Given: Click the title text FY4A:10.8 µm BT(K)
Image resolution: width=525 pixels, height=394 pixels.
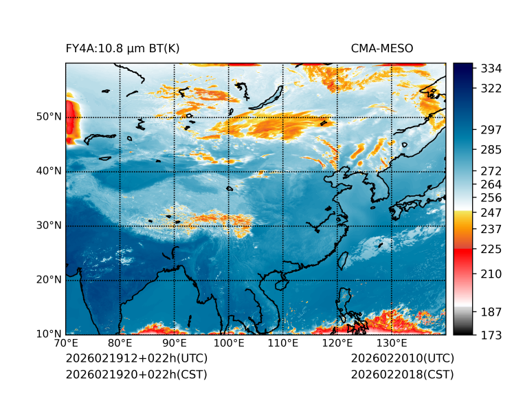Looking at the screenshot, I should [123, 49].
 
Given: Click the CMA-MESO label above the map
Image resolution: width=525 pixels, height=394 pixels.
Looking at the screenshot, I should [382, 49].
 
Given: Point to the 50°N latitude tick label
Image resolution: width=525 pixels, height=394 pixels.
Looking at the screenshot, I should [49, 117].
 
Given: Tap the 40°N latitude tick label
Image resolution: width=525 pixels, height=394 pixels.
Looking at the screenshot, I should [49, 171].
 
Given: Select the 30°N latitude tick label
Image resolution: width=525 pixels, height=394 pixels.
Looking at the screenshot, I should [49, 226].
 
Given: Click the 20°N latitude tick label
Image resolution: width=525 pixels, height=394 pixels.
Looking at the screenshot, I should [49, 280].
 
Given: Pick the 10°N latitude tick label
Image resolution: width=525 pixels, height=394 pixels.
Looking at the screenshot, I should [49, 334].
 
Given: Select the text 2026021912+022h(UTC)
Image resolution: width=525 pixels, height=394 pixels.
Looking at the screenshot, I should [136, 359].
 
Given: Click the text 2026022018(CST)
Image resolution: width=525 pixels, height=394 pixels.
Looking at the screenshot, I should [402, 375].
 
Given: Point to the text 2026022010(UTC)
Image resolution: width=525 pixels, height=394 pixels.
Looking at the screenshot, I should [402, 359].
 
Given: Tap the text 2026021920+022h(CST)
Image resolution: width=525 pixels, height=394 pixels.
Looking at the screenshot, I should [136, 375].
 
